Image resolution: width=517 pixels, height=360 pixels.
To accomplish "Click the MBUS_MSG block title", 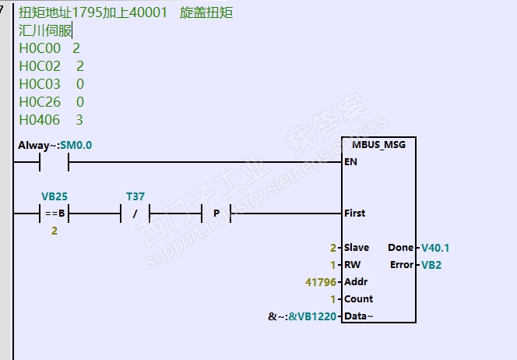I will (x=378, y=145).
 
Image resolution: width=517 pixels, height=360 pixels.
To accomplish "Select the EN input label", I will (x=351, y=163).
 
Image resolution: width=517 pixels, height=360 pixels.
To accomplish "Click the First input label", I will (x=354, y=213).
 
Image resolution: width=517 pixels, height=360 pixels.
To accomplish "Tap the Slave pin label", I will (x=357, y=248).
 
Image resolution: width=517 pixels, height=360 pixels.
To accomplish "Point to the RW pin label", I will (x=351, y=265).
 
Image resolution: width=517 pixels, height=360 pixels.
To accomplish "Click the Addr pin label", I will (x=355, y=281).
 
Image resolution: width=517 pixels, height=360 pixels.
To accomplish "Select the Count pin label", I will (x=358, y=298).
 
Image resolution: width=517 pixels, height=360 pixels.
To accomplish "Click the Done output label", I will (x=400, y=248).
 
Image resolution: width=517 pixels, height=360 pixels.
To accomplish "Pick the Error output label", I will (x=402, y=265).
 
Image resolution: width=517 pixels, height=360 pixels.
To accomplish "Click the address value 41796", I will (x=324, y=281).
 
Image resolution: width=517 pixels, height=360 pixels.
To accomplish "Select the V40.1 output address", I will (x=436, y=248).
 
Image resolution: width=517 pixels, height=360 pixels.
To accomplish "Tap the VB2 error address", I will (x=431, y=265).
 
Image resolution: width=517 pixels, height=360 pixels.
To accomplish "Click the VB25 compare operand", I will (x=55, y=196).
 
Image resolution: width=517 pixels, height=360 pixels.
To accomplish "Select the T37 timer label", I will (x=135, y=196).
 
